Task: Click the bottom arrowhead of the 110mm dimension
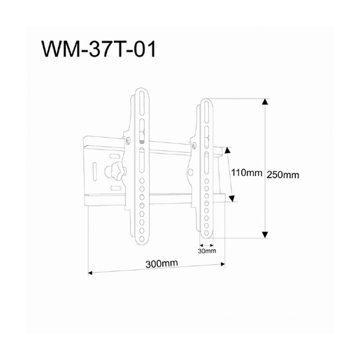tap(229, 199)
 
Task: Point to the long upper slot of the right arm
tap(206, 122)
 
